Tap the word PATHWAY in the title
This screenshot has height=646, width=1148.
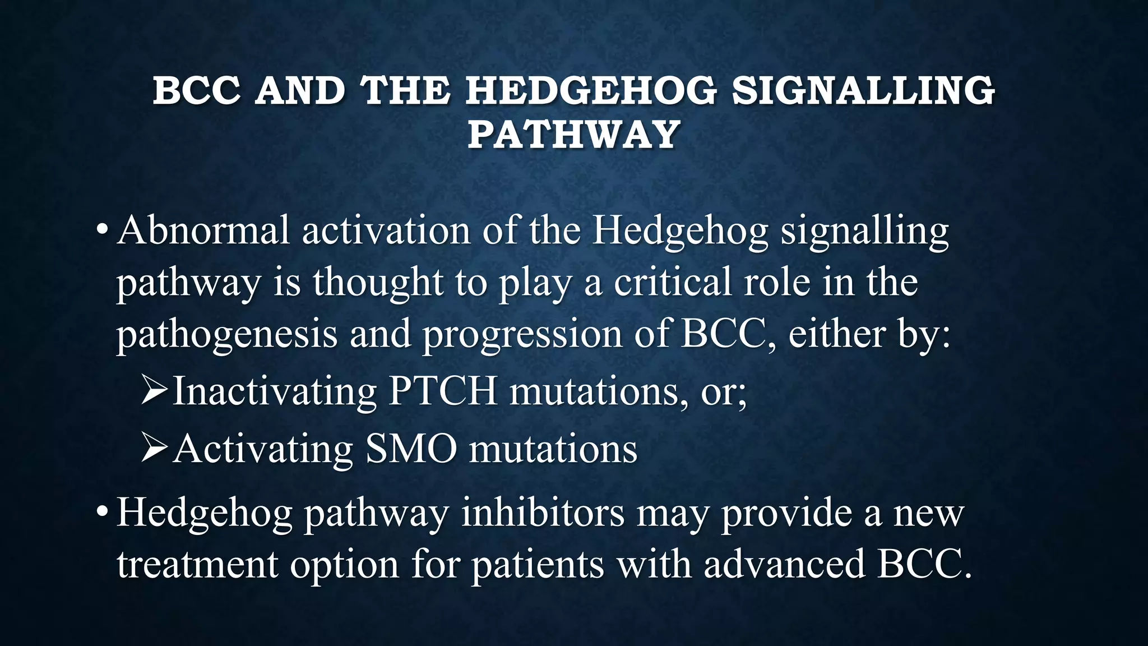click(x=574, y=135)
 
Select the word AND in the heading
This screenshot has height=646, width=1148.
click(x=300, y=91)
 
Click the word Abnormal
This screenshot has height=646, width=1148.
click(x=203, y=230)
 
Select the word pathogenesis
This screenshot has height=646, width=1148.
click(x=226, y=335)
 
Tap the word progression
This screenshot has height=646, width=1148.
click(x=522, y=335)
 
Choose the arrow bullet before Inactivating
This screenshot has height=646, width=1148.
click(x=154, y=390)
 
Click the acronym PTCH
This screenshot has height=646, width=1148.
click(x=443, y=391)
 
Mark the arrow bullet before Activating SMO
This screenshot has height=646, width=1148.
click(x=154, y=449)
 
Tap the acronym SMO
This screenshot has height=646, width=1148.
click(x=411, y=449)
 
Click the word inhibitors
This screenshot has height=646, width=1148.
click(x=542, y=513)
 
